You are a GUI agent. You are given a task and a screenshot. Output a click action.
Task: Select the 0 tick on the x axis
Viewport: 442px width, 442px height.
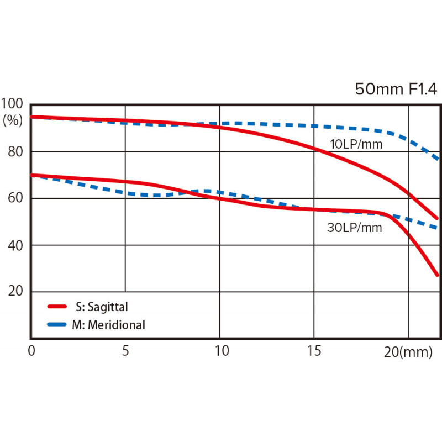tap(31, 351)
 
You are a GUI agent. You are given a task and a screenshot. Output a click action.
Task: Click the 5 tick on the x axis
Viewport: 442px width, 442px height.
tap(125, 351)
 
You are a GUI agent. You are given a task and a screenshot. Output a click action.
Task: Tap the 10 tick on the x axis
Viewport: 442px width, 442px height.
tap(220, 351)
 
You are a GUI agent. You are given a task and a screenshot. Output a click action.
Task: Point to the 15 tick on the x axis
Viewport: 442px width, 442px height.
tap(314, 351)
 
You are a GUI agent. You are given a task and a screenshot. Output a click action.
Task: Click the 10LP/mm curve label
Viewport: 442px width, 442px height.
tap(356, 145)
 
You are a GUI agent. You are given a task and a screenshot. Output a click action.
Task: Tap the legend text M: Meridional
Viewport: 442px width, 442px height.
tap(108, 325)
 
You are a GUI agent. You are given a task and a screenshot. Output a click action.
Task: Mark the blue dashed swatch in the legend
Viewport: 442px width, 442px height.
tap(57, 325)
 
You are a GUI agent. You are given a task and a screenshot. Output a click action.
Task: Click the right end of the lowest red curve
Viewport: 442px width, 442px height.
tap(437, 275)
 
